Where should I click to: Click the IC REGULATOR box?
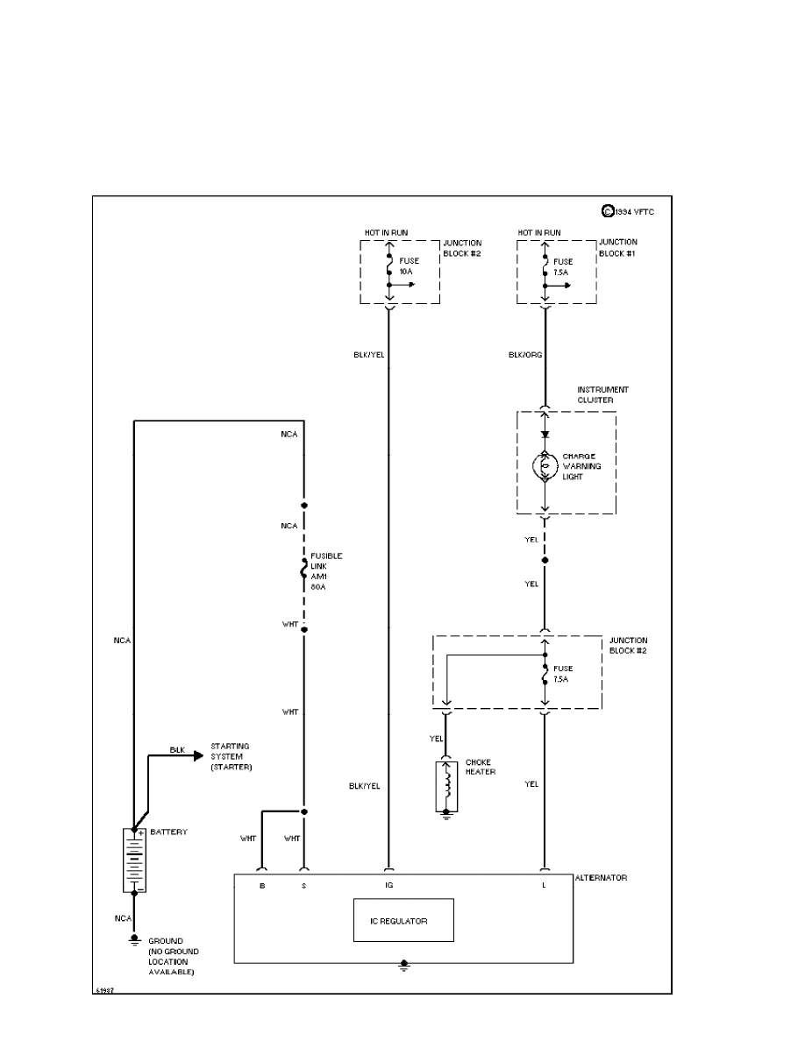tap(403, 919)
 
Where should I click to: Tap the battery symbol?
tap(133, 860)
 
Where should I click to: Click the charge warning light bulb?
tap(545, 467)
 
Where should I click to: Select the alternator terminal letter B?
tap(261, 886)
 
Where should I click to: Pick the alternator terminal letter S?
tap(303, 886)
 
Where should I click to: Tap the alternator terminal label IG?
tap(388, 886)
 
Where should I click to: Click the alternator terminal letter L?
tap(545, 886)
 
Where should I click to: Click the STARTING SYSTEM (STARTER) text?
tap(230, 757)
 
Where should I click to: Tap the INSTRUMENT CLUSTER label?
tap(602, 394)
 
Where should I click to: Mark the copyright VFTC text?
tap(630, 210)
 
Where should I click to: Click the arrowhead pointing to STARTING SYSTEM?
tap(199, 757)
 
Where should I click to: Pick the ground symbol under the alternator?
tap(403, 967)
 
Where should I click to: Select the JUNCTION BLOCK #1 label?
tap(618, 247)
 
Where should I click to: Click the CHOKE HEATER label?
tap(481, 767)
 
